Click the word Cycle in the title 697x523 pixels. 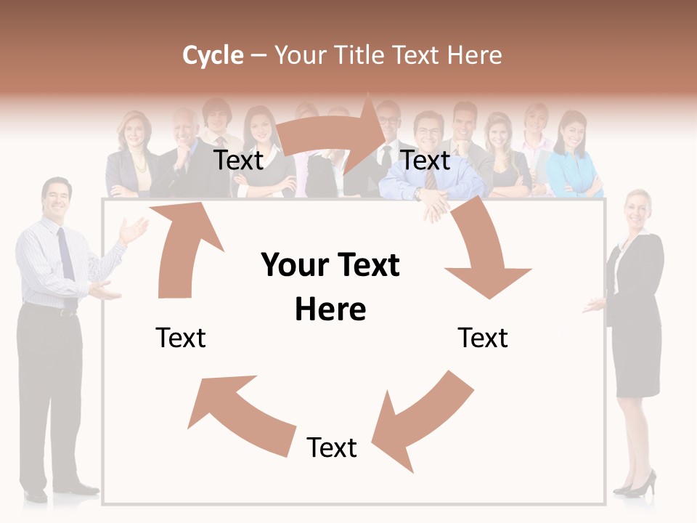213,55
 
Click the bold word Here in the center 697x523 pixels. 330,309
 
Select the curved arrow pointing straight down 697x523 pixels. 483,254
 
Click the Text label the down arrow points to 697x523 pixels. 483,338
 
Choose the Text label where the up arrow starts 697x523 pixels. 181,338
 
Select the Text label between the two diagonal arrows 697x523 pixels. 332,447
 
